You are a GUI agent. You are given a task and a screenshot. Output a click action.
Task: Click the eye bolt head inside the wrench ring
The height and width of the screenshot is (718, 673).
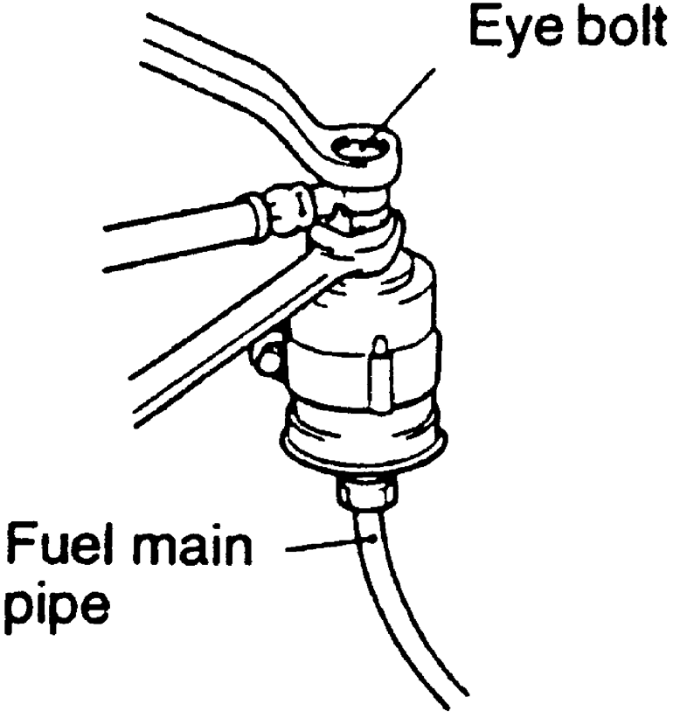(361, 156)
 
